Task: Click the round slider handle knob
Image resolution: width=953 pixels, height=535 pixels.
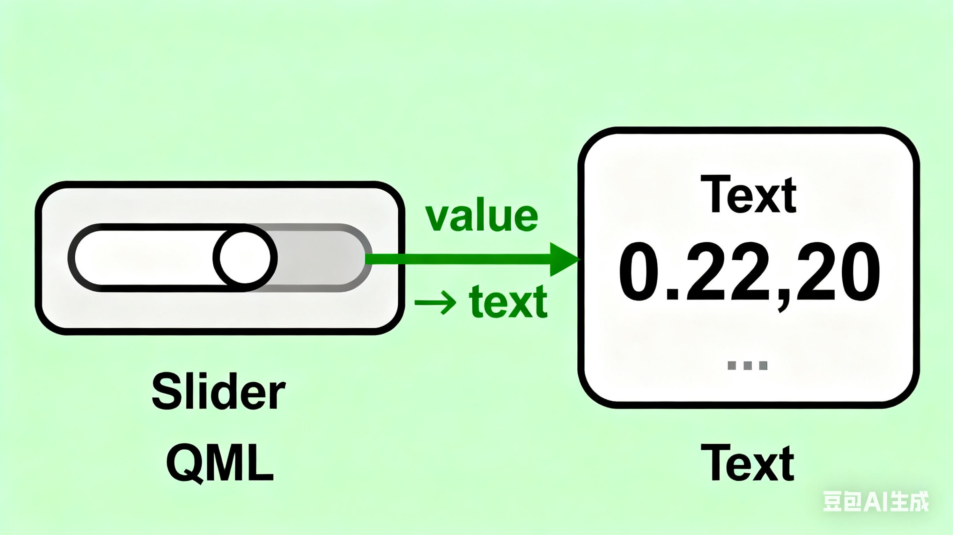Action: pos(245,258)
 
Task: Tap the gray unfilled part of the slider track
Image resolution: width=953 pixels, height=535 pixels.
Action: pos(318,258)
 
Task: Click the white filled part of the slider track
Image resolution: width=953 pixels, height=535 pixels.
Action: pos(144,258)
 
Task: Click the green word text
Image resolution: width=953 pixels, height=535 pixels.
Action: pos(508,302)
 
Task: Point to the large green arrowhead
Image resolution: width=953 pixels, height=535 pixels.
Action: pos(562,259)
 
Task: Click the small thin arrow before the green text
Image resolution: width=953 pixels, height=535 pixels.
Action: pos(435,303)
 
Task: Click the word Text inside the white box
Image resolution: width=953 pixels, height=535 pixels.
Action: pos(748,195)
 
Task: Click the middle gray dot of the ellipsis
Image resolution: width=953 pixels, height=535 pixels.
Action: pos(747,365)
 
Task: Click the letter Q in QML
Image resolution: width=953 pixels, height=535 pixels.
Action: pos(184,463)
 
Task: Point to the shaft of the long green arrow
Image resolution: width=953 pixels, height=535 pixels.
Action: pos(459,259)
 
